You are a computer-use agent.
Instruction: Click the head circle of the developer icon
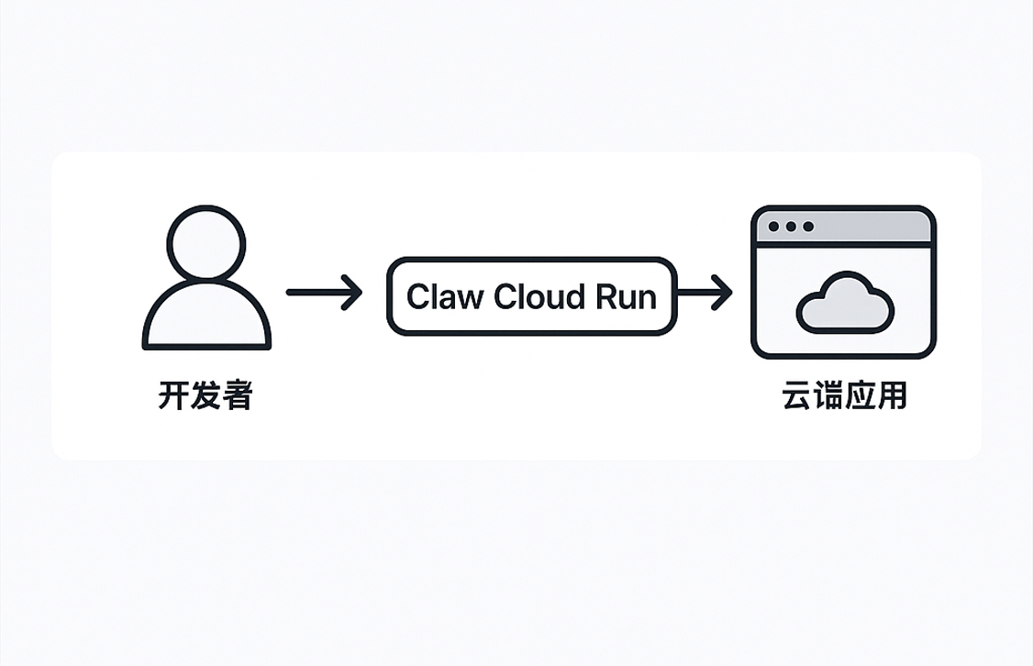coord(206,242)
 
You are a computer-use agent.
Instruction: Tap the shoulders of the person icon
coord(206,316)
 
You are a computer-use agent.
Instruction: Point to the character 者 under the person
coord(237,397)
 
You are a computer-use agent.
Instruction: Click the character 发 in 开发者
coord(205,397)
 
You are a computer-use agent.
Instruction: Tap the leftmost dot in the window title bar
coord(773,227)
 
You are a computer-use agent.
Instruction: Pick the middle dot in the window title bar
coord(790,227)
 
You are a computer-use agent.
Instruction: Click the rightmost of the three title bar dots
coord(806,227)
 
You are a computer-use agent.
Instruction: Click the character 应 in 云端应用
coord(860,396)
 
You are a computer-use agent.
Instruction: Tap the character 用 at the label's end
coord(891,396)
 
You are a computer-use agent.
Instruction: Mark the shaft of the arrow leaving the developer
coord(312,293)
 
